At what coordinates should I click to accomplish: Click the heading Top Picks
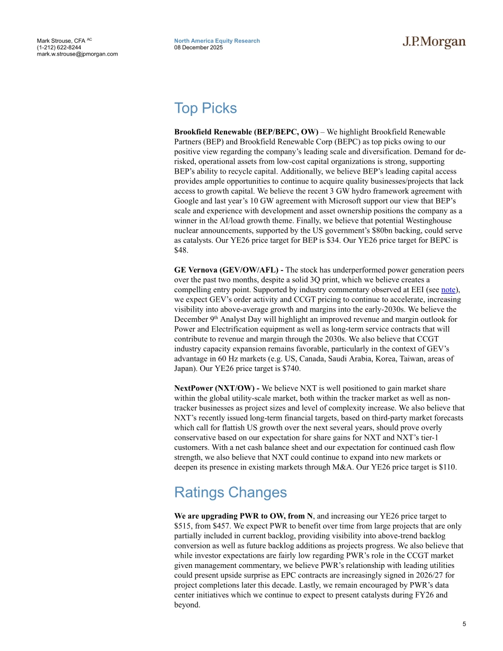click(205, 108)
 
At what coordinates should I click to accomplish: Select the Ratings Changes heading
click(230, 493)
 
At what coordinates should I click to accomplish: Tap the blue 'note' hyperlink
click(448, 290)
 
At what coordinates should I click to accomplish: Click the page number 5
click(464, 624)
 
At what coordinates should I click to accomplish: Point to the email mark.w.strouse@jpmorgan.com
click(77, 54)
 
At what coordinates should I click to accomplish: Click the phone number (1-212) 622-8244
click(59, 47)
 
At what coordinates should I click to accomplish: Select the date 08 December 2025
click(199, 47)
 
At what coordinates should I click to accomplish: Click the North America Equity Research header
click(217, 41)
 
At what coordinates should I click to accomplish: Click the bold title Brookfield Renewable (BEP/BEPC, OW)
click(246, 132)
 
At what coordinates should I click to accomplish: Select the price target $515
click(184, 526)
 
